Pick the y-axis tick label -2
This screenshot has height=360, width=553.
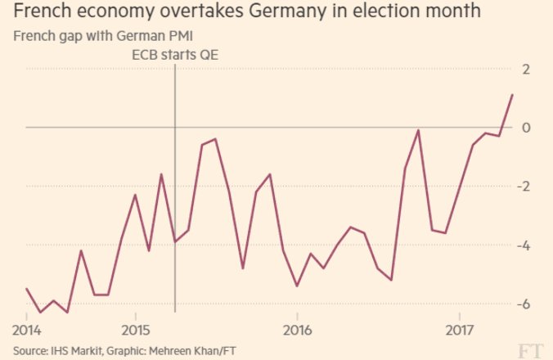coord(524,187)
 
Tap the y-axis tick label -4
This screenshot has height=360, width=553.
coord(524,245)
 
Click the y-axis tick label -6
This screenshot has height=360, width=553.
coord(524,304)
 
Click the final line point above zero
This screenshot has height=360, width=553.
coord(512,95)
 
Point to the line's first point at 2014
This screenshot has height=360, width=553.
coord(27,289)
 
